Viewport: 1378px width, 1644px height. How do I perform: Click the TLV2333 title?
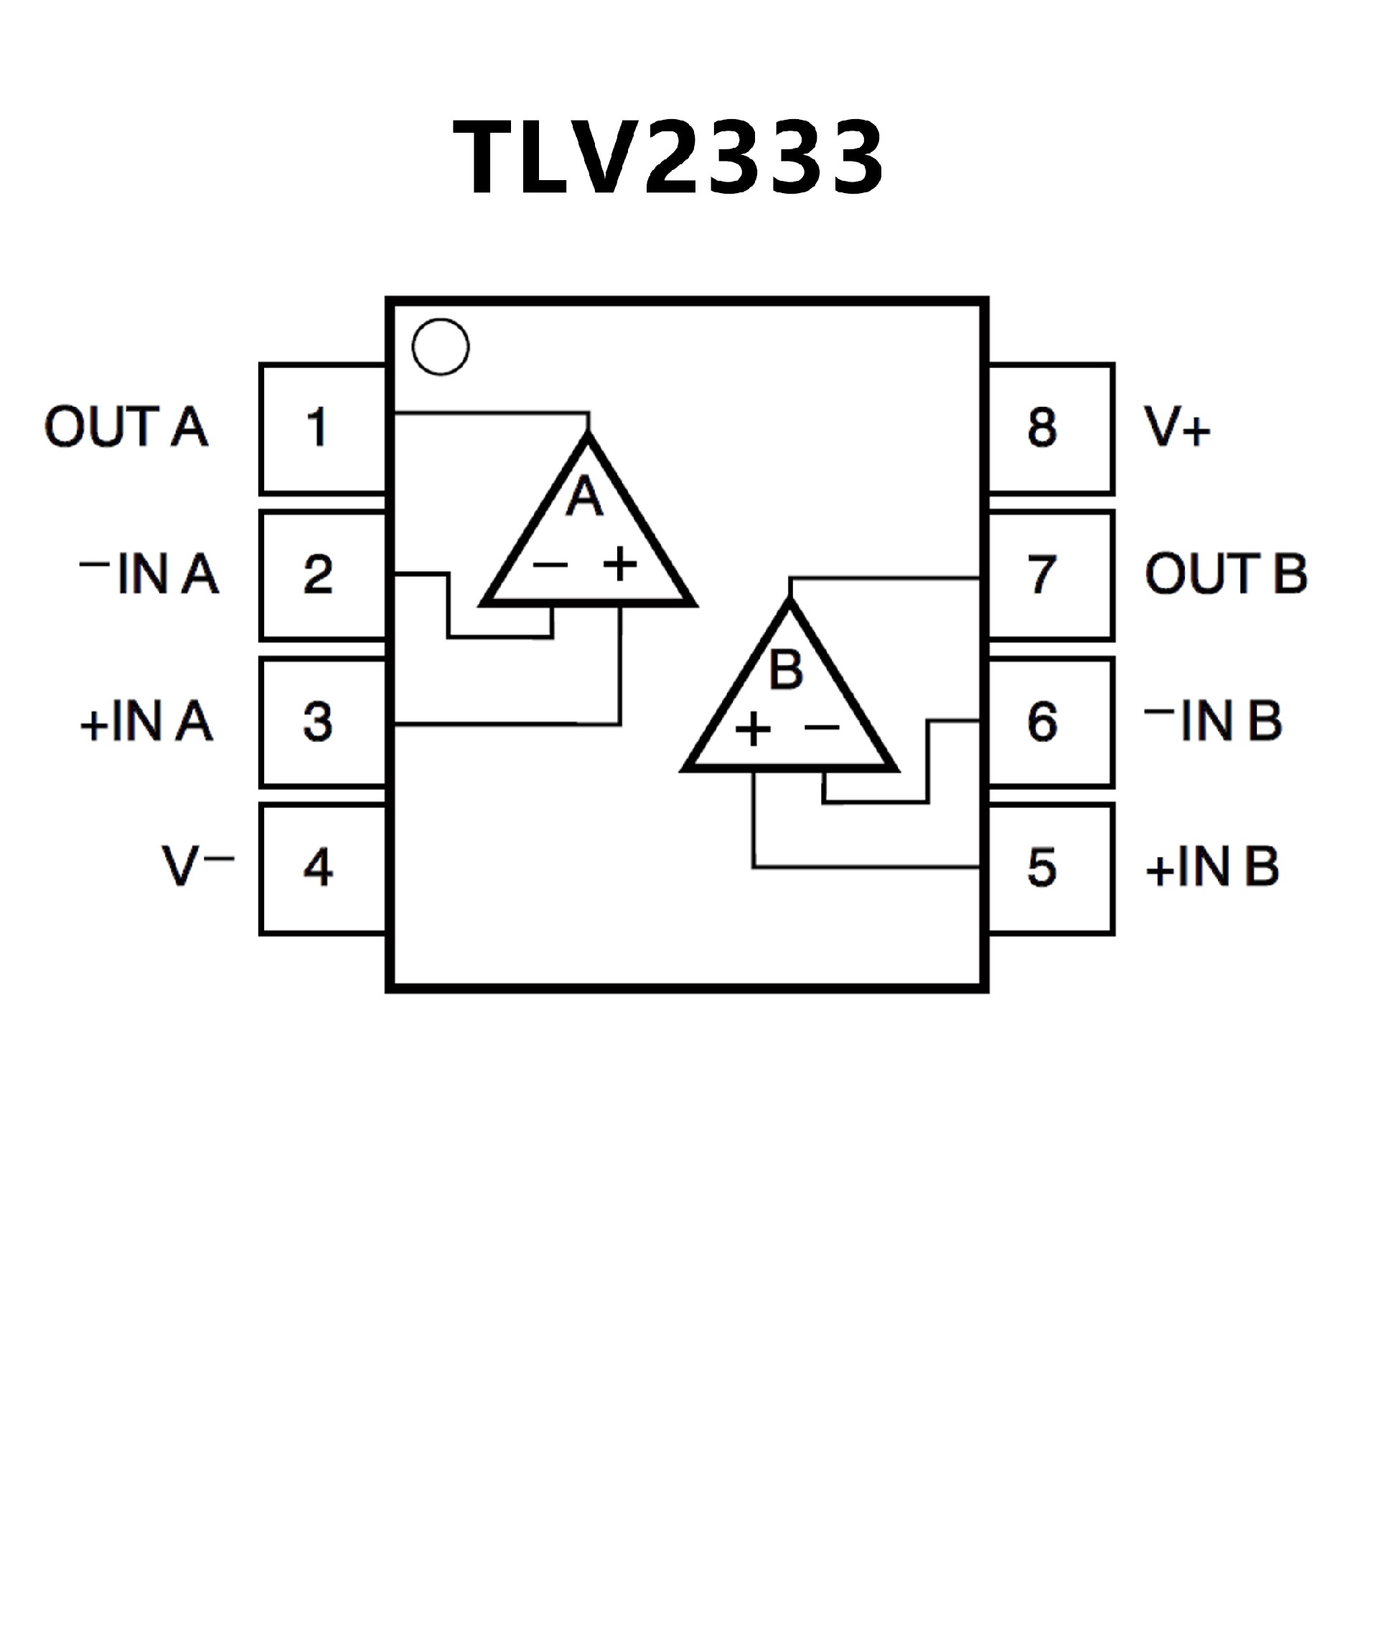[668, 156]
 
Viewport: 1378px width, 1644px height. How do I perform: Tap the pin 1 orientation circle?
[440, 346]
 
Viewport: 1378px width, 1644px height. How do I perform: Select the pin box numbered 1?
[322, 428]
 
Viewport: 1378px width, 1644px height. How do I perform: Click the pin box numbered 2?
[322, 575]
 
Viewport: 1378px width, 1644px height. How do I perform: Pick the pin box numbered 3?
[322, 721]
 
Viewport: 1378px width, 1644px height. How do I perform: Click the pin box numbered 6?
[1050, 721]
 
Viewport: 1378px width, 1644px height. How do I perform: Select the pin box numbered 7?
[1050, 575]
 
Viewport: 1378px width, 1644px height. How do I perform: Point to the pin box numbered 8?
[1050, 428]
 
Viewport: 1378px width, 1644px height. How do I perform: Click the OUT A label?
[126, 428]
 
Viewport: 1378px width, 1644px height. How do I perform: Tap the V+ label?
[1177, 428]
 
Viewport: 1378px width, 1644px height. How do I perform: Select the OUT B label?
[1225, 574]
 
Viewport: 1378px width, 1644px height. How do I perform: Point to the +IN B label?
[1212, 868]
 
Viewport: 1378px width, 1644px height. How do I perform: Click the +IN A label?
[146, 721]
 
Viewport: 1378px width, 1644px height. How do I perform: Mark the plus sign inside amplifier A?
[620, 563]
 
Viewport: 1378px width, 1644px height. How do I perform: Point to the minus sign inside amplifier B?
[821, 728]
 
